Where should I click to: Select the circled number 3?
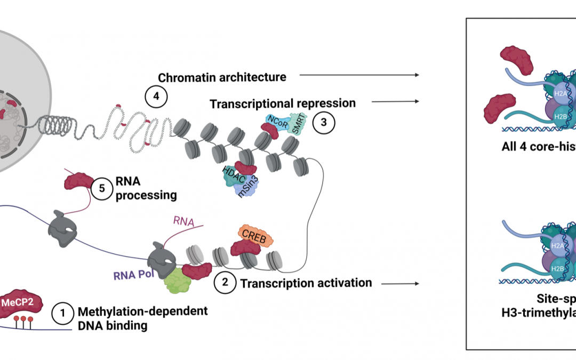(x=324, y=122)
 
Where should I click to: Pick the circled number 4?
(x=156, y=97)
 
